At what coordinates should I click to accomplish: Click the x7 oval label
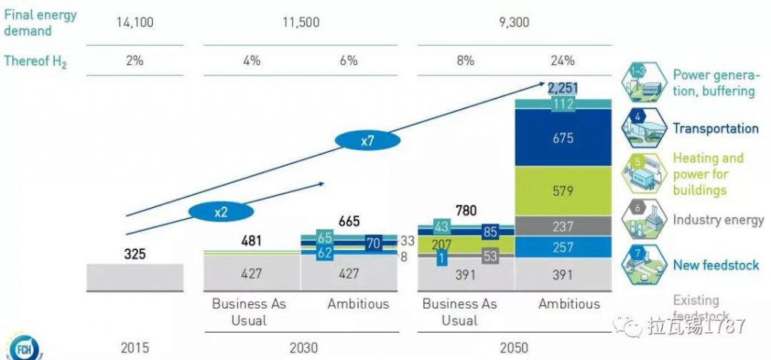(367, 140)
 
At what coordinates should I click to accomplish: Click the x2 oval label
(221, 212)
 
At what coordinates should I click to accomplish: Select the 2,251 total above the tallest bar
(562, 89)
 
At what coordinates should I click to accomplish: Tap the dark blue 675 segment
(562, 138)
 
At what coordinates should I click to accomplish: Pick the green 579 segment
(562, 191)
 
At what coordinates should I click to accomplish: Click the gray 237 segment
(562, 226)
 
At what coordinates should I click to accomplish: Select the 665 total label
(349, 221)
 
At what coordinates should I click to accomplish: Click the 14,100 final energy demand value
(135, 23)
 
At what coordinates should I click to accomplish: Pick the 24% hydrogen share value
(562, 61)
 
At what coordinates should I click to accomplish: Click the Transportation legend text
(715, 128)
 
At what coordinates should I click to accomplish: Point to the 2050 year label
(513, 348)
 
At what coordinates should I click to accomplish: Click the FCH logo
(24, 349)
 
